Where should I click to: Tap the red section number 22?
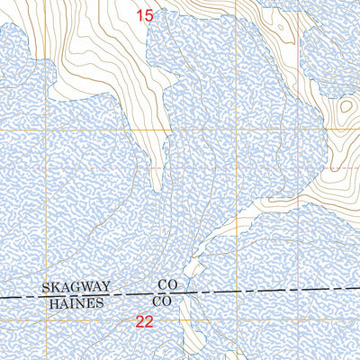coord(145,321)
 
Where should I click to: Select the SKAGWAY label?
coord(76,287)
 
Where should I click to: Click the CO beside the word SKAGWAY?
coord(166,284)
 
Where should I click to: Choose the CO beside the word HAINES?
coord(163,300)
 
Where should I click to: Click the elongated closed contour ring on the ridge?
coord(282,30)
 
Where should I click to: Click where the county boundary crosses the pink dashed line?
coord(185,293)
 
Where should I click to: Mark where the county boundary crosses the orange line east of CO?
coord(241,292)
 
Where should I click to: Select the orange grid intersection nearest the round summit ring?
coord(347,130)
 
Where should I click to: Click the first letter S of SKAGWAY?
coord(45,287)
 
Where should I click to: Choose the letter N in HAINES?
coord(81,303)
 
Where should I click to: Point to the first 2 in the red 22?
coord(140,321)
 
